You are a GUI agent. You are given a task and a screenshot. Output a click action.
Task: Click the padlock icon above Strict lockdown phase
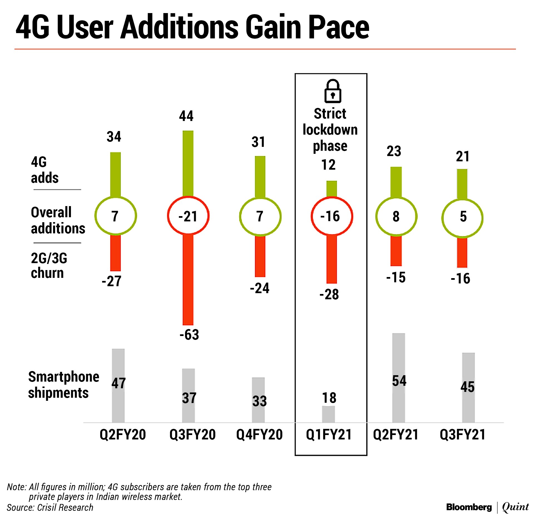(x=332, y=91)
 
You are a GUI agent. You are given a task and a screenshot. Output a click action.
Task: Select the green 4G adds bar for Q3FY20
(x=188, y=164)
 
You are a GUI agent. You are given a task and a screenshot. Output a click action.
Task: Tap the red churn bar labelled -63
(x=188, y=280)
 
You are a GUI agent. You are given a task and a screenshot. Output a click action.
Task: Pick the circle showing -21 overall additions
(x=188, y=216)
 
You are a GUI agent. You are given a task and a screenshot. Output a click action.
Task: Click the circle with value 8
(x=396, y=216)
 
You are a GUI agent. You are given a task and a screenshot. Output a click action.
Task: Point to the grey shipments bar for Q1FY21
(x=328, y=414)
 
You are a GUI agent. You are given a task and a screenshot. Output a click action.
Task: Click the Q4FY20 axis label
(x=259, y=434)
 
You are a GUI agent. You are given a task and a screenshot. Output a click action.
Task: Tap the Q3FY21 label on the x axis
(x=463, y=434)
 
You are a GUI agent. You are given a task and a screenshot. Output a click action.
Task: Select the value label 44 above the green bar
(x=186, y=116)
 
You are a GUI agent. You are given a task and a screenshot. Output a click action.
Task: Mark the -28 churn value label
(x=329, y=294)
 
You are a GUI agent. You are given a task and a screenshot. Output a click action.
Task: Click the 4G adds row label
(x=44, y=170)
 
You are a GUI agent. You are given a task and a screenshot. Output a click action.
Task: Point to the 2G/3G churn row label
(x=49, y=266)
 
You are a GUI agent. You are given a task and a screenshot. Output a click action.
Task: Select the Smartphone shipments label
(x=63, y=385)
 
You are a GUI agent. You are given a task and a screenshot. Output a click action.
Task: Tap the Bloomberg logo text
(x=469, y=507)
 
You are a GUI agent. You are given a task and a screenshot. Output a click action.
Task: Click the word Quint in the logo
(x=515, y=507)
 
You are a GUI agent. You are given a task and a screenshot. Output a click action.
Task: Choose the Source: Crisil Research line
(x=50, y=508)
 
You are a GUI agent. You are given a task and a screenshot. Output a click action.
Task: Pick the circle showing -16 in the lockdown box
(x=332, y=216)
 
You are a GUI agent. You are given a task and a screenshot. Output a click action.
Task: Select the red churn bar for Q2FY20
(x=115, y=253)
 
